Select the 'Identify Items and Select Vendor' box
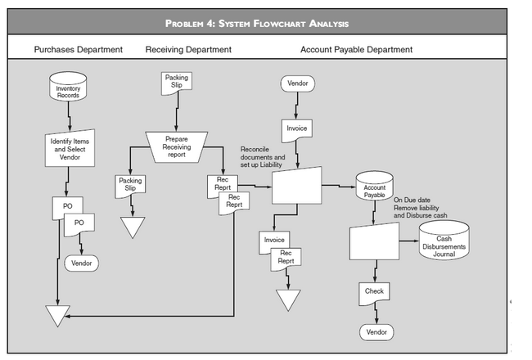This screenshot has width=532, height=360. tap(68, 150)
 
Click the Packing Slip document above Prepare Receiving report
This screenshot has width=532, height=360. tap(176, 83)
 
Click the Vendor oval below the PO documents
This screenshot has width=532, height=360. tap(82, 263)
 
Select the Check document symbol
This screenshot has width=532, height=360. tap(374, 292)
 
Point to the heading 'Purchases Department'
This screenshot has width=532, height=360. tap(78, 50)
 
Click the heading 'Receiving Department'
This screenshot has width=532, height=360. tap(188, 50)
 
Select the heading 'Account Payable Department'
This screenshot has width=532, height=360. tap(356, 50)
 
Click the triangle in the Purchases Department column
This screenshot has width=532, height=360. tap(57, 314)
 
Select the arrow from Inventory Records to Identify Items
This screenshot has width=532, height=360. tap(69, 117)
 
